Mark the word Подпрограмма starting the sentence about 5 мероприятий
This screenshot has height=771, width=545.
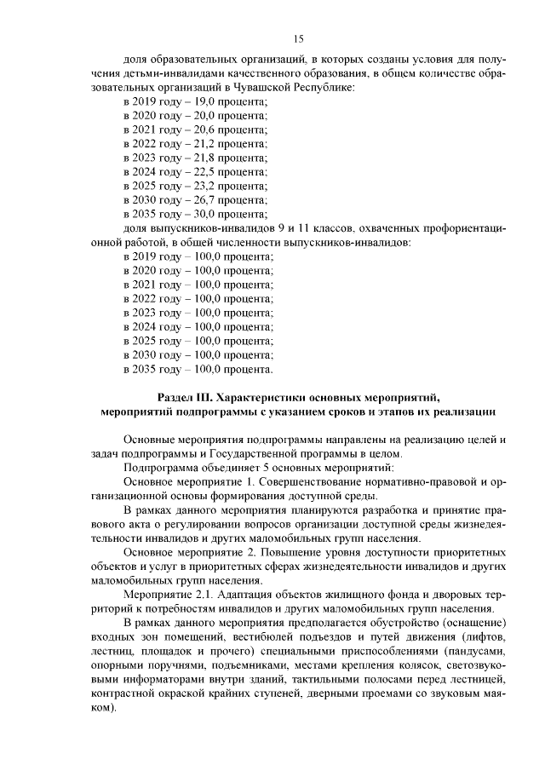click(x=157, y=469)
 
